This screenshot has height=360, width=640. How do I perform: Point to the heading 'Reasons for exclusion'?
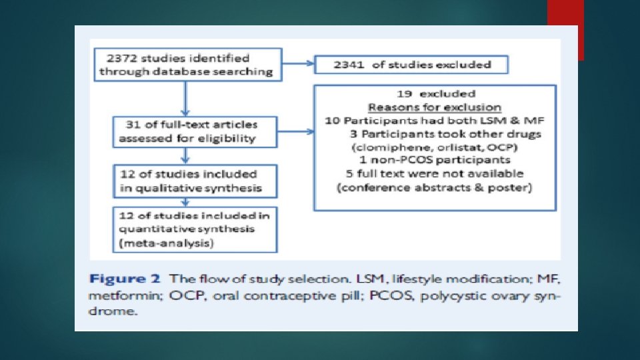(434, 107)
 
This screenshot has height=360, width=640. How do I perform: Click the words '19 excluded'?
(434, 93)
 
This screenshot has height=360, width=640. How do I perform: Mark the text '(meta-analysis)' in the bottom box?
(165, 244)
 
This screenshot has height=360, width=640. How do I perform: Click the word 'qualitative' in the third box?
(155, 189)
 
